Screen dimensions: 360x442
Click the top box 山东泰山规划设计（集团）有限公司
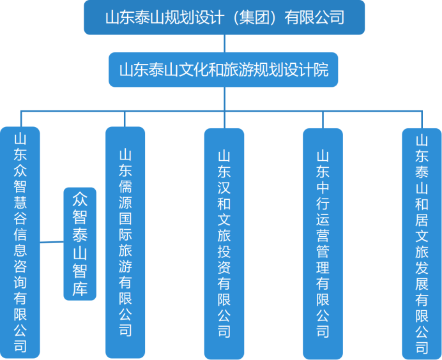pyautogui.click(x=224, y=17)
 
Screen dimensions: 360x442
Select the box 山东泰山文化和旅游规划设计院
pyautogui.click(x=224, y=70)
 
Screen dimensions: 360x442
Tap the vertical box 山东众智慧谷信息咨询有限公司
pyautogui.click(x=20, y=243)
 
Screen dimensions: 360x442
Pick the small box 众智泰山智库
pyautogui.click(x=80, y=243)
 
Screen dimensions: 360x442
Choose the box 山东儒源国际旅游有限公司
pyautogui.click(x=125, y=243)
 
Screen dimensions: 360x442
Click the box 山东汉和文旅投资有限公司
pyautogui.click(x=224, y=243)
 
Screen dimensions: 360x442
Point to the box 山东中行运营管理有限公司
pyautogui.click(x=323, y=243)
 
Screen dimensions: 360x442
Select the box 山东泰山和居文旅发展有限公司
pyautogui.click(x=422, y=243)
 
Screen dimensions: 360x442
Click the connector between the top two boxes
pyautogui.click(x=224, y=43)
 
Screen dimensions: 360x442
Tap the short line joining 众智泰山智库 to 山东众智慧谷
pyautogui.click(x=52, y=242)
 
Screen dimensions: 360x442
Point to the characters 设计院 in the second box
pyautogui.click(x=311, y=70)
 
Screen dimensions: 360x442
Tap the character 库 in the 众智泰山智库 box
pyautogui.click(x=80, y=289)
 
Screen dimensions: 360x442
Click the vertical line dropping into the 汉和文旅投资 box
pyautogui.click(x=224, y=119)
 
